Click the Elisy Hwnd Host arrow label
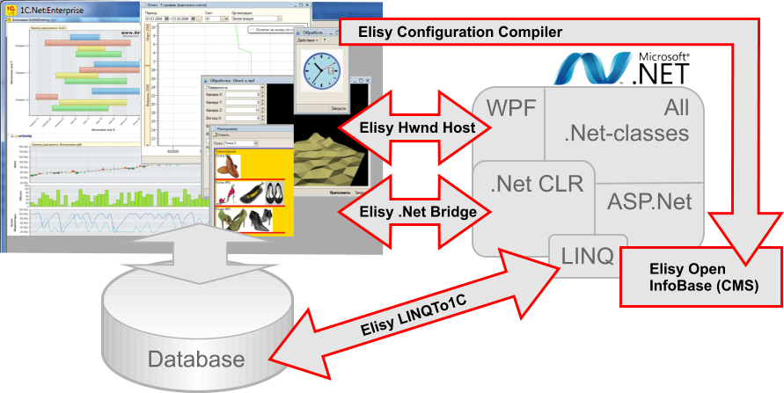click(x=417, y=128)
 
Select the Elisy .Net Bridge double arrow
click(x=417, y=211)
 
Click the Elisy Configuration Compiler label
click(x=460, y=33)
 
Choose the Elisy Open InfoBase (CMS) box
click(x=701, y=277)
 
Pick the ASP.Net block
click(x=649, y=201)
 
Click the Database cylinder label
click(x=195, y=359)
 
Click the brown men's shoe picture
click(x=228, y=169)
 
